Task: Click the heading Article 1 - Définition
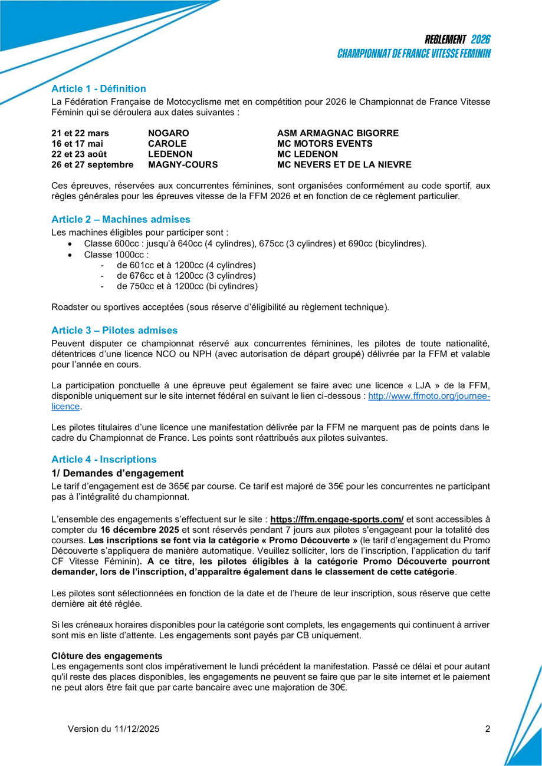tap(98, 89)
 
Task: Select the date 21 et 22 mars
tap(80, 133)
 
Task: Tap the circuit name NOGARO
tap(169, 133)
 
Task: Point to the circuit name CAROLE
tap(167, 144)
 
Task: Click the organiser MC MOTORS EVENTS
tap(324, 144)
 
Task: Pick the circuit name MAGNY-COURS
tap(183, 165)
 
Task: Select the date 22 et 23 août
tap(79, 154)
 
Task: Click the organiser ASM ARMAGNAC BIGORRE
tap(338, 133)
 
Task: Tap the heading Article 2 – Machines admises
tap(121, 219)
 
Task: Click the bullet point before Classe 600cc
tap(71, 244)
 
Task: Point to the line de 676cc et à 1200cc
tap(186, 276)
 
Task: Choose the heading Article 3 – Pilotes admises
tap(114, 331)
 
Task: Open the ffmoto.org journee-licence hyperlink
tap(429, 397)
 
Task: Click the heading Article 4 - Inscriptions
tap(104, 460)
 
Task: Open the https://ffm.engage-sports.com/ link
tap(337, 519)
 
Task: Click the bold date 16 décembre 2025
tap(140, 530)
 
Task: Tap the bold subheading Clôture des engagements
tap(107, 656)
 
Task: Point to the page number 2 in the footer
tap(488, 729)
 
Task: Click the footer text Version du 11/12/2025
tap(114, 729)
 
